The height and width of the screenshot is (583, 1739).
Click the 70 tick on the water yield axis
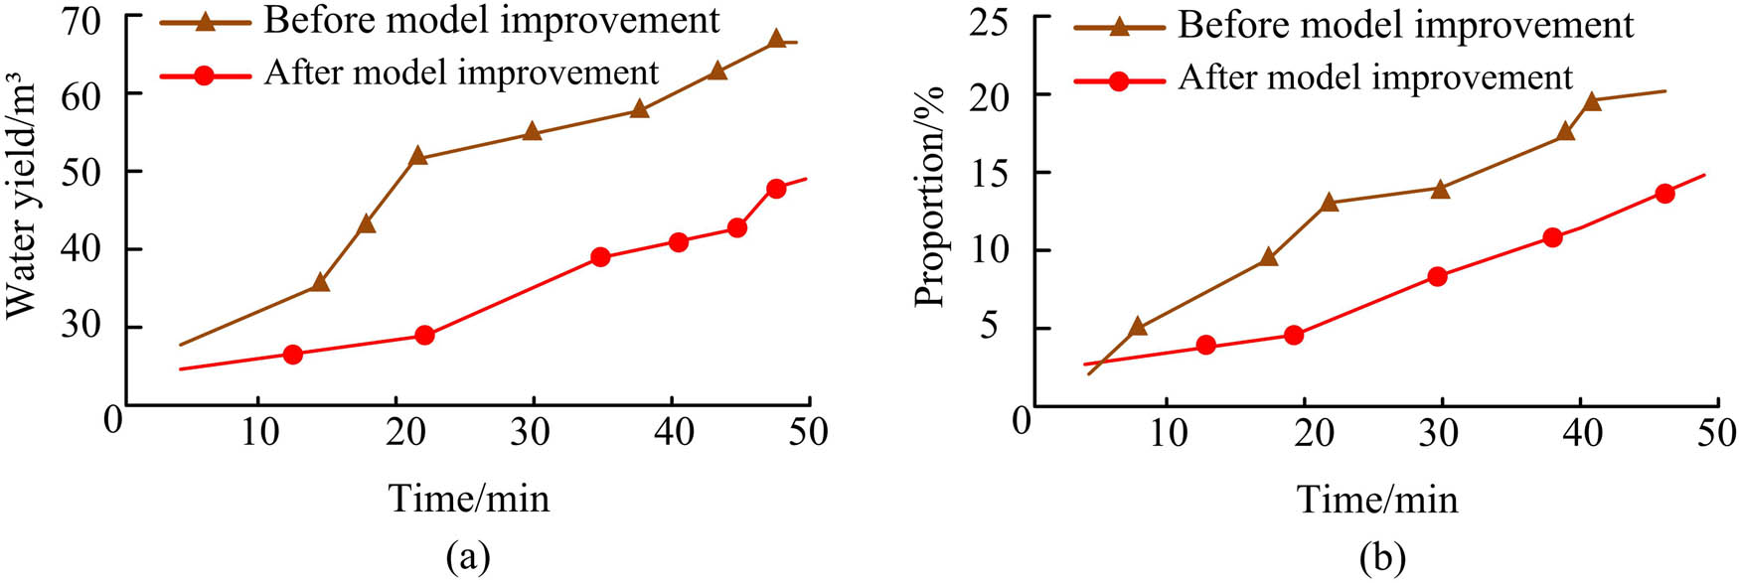coord(85,18)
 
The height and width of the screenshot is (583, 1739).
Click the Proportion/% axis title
coord(930,197)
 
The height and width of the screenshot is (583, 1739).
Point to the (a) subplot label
coord(468,556)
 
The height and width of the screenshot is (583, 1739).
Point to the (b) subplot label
coord(1382,558)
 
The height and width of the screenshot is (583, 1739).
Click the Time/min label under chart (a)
coord(468,498)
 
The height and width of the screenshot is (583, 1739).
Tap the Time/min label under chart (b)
coord(1377,499)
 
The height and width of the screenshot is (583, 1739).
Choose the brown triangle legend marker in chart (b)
coord(1119,26)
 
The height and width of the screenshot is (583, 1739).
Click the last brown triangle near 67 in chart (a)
coord(777,40)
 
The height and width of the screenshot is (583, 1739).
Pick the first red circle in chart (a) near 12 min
coord(292,354)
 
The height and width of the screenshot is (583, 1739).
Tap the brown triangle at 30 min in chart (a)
coord(532,131)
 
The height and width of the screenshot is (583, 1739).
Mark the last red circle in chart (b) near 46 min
coord(1664,194)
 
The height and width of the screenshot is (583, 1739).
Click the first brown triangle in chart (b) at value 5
coord(1138,327)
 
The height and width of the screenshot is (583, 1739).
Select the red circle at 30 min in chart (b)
coord(1437,276)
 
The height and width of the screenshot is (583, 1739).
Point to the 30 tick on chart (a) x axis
coord(534,433)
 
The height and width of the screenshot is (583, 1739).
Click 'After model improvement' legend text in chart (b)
coord(1375,77)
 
